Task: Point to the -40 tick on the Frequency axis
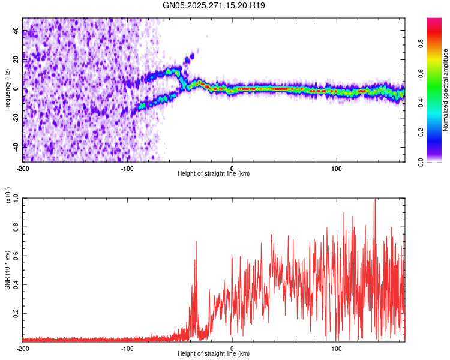pyautogui.click(x=16, y=146)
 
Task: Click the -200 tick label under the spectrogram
pyautogui.click(x=23, y=168)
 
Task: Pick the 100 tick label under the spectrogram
pyautogui.click(x=337, y=168)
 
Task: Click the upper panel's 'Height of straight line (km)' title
pyautogui.click(x=214, y=173)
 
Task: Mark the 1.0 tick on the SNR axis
pyautogui.click(x=16, y=197)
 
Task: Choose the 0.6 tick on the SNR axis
pyautogui.click(x=16, y=256)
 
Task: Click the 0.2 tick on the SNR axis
pyautogui.click(x=16, y=313)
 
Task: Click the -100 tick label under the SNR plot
pyautogui.click(x=127, y=348)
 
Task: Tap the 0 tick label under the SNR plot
pyautogui.click(x=232, y=348)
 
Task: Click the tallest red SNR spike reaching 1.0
pyautogui.click(x=374, y=200)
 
